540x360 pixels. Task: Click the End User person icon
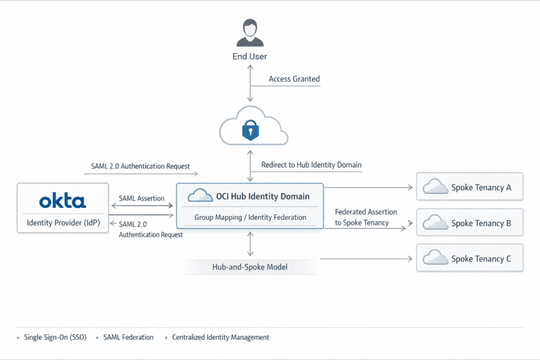coord(250,33)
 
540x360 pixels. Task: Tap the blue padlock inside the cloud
coord(250,130)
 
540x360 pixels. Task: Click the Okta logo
coord(63,201)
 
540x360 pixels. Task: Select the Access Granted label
coord(294,79)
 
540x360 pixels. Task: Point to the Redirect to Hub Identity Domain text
coord(311,165)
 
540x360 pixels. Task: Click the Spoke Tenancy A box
coord(469,187)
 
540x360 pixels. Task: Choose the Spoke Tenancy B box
coord(469,222)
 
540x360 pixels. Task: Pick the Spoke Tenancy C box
coord(469,258)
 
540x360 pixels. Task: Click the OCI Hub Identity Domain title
coord(263,197)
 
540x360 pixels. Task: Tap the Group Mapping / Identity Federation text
coord(250,217)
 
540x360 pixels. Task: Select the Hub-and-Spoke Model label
coord(250,267)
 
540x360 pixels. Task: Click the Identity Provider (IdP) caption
coord(63,223)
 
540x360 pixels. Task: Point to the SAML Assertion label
coord(141,199)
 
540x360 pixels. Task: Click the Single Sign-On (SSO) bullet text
coord(55,337)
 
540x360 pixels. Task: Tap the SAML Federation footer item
coord(128,337)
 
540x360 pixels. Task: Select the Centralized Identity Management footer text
coord(220,337)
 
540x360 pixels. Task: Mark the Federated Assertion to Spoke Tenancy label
coord(365,217)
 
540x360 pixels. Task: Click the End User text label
coord(250,57)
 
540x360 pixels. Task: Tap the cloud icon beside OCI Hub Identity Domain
coord(199,196)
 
